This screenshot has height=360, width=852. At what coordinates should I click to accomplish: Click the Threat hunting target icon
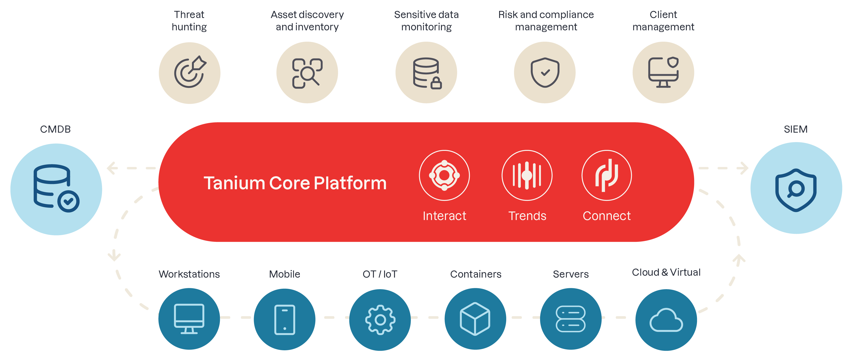[x=190, y=73]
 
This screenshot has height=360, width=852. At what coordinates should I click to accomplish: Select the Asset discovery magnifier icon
[x=307, y=73]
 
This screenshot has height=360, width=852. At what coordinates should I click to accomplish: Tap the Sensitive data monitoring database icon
[x=426, y=73]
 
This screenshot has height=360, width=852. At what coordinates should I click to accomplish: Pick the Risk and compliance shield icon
[x=545, y=73]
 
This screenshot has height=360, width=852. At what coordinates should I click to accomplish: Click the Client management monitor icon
[x=663, y=73]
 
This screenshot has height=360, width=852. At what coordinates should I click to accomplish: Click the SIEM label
[x=796, y=129]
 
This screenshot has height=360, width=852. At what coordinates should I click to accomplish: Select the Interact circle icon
[x=444, y=175]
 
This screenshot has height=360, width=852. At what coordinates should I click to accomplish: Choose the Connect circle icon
[x=607, y=175]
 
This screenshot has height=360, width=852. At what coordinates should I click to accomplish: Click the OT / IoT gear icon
[x=380, y=320]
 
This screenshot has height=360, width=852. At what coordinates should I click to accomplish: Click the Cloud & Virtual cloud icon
[x=666, y=320]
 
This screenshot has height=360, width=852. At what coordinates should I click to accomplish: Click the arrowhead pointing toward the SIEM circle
[x=744, y=168]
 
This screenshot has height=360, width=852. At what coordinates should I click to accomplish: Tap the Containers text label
[x=476, y=274]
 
